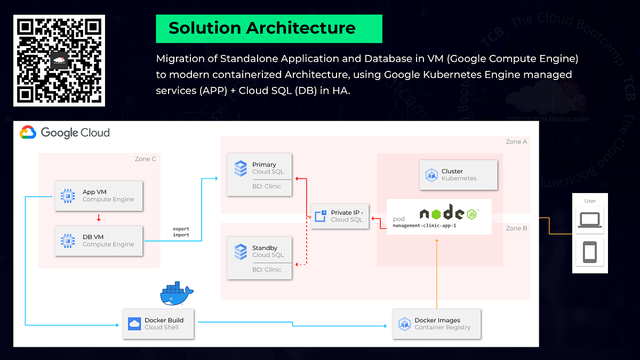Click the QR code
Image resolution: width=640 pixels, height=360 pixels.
[59, 60]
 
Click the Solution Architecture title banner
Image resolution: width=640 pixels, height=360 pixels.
[269, 28]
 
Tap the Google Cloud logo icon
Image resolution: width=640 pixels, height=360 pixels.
[28, 132]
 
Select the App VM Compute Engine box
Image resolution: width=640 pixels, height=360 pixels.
[99, 196]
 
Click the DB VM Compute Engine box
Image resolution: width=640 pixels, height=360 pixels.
[99, 241]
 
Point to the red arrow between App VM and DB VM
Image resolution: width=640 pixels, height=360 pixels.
[99, 218]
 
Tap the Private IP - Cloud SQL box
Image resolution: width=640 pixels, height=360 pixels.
[340, 216]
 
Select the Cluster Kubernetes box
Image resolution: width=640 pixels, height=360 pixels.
[459, 175]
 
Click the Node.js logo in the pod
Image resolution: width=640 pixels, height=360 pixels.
[448, 213]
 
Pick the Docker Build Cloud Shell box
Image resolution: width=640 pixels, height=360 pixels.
[158, 324]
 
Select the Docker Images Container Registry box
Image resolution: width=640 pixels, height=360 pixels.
[437, 324]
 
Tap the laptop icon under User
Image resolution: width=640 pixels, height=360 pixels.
[589, 219]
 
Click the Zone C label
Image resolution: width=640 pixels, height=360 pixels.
[145, 159]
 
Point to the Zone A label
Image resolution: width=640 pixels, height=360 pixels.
[516, 142]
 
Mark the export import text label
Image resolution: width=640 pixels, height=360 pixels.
[181, 232]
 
